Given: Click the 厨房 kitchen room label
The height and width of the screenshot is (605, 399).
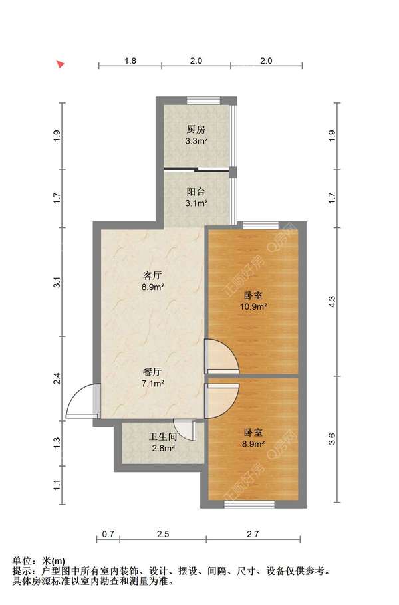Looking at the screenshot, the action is (x=196, y=129).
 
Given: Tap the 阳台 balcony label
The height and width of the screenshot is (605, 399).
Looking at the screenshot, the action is (x=196, y=191).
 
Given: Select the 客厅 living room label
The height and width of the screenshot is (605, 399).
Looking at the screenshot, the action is (x=152, y=275).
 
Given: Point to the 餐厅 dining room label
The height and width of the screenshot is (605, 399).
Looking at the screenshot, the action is (x=152, y=372).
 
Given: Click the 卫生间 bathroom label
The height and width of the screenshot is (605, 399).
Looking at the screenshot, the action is (x=163, y=437).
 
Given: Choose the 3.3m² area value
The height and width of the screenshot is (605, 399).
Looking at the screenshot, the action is (x=196, y=141).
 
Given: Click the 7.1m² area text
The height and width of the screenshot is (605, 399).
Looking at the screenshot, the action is (x=153, y=384).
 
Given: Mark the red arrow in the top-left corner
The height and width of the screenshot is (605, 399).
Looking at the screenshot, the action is (x=60, y=64).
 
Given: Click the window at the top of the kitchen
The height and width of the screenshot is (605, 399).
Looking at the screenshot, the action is (x=203, y=100).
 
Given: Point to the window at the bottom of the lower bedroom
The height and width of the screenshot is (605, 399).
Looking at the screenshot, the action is (x=249, y=504).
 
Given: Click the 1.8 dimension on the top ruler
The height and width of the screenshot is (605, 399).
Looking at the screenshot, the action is (x=130, y=60).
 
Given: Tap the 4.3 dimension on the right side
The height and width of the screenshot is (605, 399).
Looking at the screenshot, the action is (x=332, y=301).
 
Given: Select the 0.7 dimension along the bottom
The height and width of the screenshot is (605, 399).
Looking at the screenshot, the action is (x=108, y=534).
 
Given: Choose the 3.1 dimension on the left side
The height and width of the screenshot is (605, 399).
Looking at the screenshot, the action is (x=57, y=282).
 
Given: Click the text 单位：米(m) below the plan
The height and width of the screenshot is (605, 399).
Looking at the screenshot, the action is (x=39, y=561).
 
